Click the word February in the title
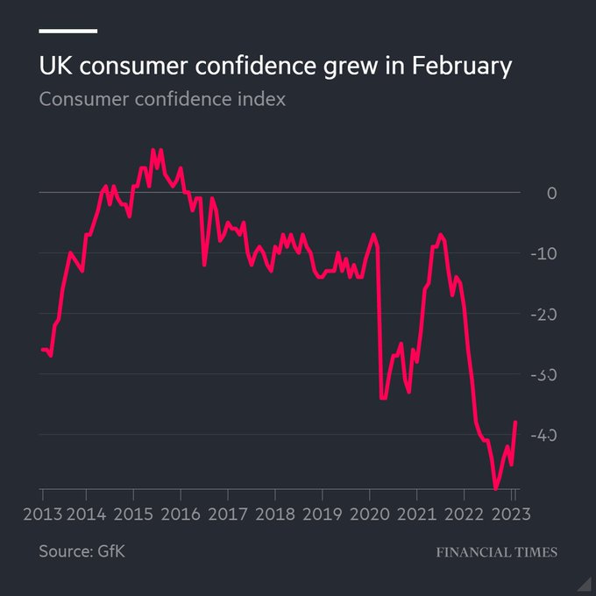click(461, 67)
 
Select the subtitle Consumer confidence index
click(162, 98)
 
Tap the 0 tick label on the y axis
click(551, 192)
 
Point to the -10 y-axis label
click(546, 253)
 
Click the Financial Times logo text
click(496, 552)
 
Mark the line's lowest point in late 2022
click(496, 489)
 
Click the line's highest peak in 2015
click(153, 150)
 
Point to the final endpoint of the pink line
click(515, 422)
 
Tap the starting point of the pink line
click(41, 350)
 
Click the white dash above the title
click(67, 32)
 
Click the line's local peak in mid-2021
click(441, 235)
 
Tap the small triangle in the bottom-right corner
click(583, 583)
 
